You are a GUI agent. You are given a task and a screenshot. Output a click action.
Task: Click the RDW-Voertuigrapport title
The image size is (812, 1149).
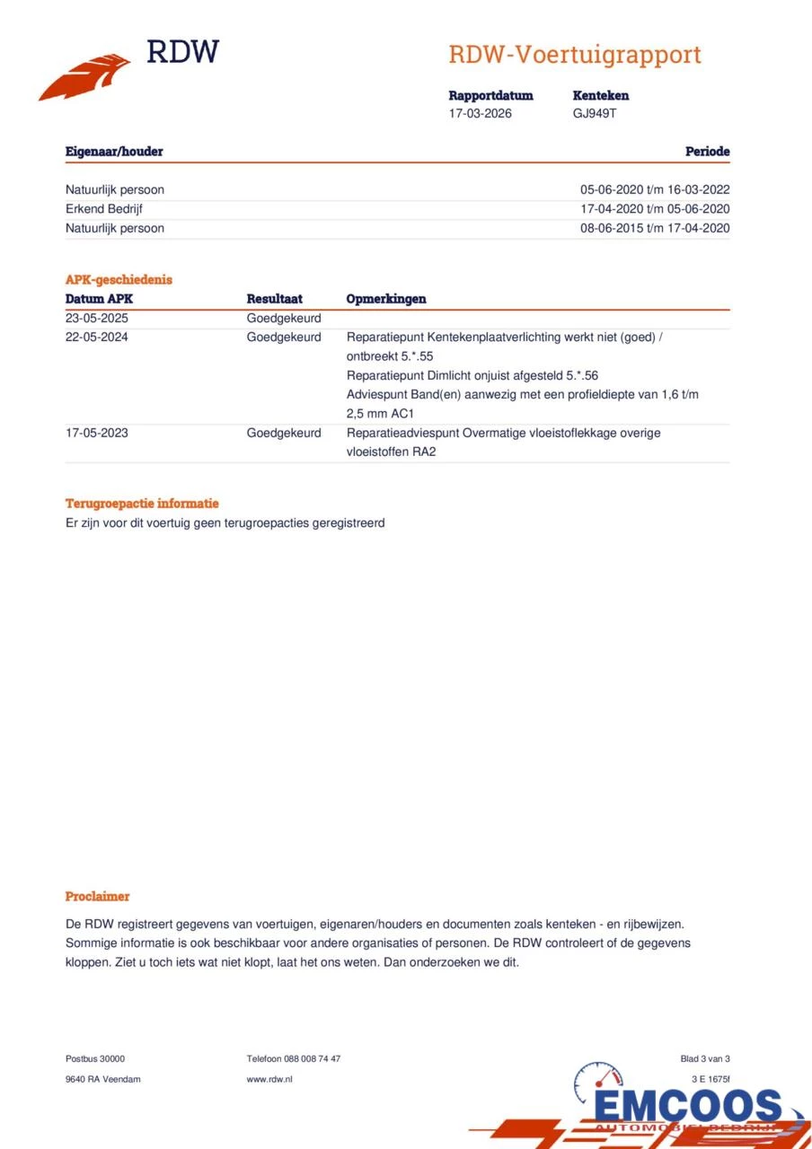[x=574, y=55]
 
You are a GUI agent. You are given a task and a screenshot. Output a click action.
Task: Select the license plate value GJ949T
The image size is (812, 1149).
[x=595, y=114]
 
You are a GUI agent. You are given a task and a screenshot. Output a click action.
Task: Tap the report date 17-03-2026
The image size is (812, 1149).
[x=481, y=114]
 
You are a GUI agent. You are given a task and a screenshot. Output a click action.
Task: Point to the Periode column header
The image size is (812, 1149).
[x=707, y=152]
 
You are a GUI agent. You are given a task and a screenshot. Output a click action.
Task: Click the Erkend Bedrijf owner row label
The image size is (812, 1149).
[x=104, y=209]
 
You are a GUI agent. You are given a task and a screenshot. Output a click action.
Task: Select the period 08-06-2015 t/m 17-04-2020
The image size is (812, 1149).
[x=655, y=228]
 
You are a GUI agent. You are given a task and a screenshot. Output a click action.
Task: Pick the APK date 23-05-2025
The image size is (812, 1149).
[x=97, y=319]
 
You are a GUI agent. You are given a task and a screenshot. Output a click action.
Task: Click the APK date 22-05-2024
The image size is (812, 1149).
[x=97, y=338]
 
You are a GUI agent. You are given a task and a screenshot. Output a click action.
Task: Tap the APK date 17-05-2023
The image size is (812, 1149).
[x=97, y=433]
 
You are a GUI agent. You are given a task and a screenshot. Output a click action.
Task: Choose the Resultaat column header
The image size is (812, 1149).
[x=274, y=299]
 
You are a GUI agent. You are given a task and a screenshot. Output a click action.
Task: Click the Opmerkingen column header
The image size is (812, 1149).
[x=386, y=299]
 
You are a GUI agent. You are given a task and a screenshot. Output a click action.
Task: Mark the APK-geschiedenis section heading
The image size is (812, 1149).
[x=119, y=279]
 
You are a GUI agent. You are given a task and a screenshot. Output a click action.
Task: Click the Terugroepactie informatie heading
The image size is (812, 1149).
[x=142, y=504]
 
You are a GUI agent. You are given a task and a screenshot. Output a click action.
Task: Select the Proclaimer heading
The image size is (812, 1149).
[x=97, y=896]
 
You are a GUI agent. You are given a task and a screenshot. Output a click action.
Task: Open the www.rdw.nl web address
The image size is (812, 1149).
[x=269, y=1079]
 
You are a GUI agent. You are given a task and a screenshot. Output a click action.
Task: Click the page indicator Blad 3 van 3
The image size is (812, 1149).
[x=705, y=1059]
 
